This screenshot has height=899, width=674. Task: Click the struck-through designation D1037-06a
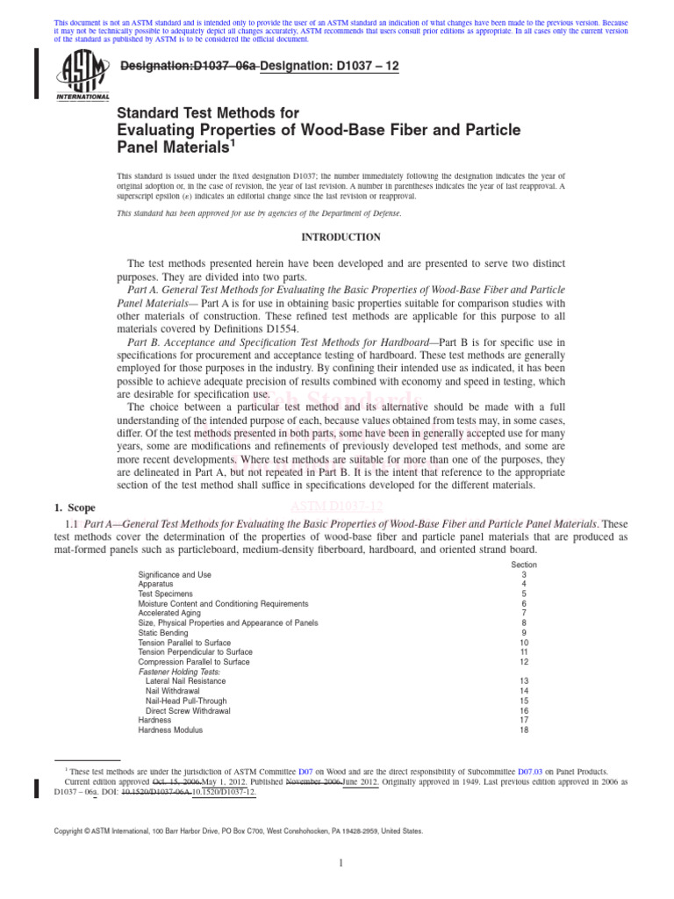[x=187, y=66]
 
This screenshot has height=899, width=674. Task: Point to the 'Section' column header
[x=524, y=565]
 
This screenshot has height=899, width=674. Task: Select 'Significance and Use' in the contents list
[x=175, y=575]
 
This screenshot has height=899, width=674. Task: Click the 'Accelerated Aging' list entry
[x=168, y=614]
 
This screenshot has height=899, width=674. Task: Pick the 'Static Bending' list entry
[x=162, y=633]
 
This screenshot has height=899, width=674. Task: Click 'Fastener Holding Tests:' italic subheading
[x=181, y=672]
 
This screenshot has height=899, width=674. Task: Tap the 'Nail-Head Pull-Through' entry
[x=186, y=701]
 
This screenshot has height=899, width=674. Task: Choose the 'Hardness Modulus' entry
[x=170, y=730]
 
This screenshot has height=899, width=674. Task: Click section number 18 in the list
[x=524, y=730]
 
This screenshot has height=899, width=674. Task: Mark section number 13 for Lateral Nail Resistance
[x=524, y=681]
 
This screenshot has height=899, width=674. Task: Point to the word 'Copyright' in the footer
[x=73, y=831]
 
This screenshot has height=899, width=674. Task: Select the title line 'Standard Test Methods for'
[x=209, y=113]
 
